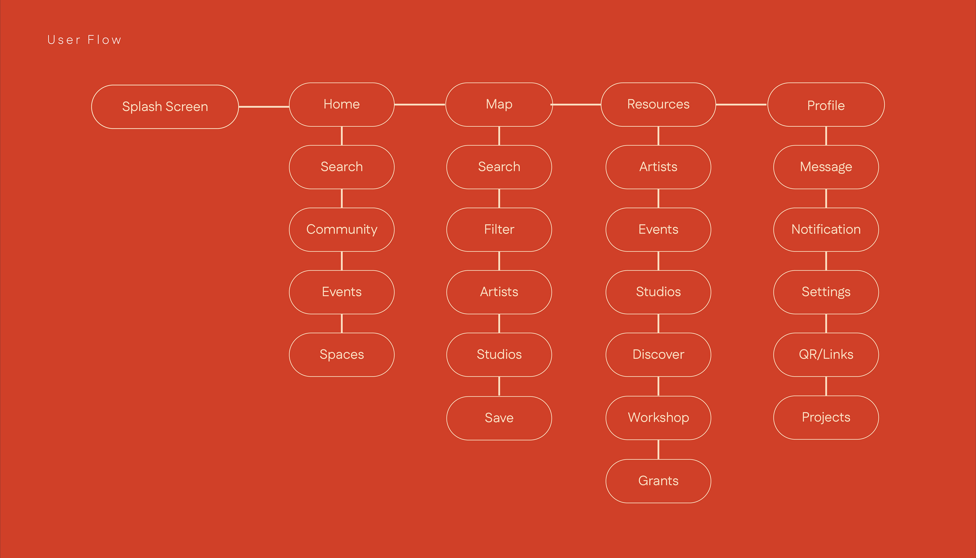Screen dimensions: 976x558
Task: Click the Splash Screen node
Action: click(x=165, y=107)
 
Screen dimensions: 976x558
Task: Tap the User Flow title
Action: click(x=84, y=40)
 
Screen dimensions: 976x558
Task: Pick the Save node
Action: click(x=499, y=418)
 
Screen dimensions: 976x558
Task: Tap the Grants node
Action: click(x=658, y=481)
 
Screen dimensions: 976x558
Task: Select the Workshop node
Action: click(x=658, y=417)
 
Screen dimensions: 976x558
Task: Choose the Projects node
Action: click(x=826, y=417)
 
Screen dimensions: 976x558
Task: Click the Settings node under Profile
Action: click(x=826, y=292)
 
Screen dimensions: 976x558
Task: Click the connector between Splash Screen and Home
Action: click(x=264, y=107)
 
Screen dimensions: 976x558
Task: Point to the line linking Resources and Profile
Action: click(x=741, y=104)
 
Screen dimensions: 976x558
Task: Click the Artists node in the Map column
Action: click(x=499, y=292)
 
